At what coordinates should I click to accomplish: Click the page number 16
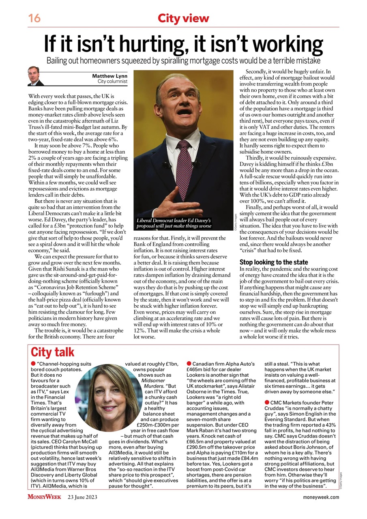click(34, 18)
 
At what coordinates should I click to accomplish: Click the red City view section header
click(183, 18)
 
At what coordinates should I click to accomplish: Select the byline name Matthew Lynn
click(109, 76)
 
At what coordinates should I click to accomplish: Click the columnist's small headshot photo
click(36, 76)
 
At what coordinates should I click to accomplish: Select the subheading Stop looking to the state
click(274, 262)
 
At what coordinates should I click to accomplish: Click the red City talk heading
click(53, 352)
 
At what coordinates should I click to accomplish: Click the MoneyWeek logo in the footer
click(45, 497)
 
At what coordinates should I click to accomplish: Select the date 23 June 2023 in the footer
click(82, 497)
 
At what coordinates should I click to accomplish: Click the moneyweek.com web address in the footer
click(321, 497)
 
